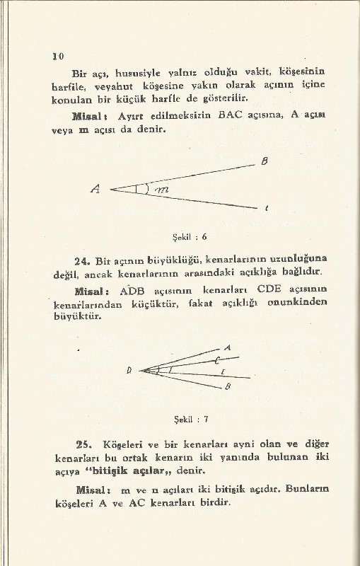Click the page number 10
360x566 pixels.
(58, 56)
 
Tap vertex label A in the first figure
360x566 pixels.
(95, 189)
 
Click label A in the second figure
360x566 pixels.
(228, 347)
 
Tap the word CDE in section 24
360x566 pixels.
(270, 291)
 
